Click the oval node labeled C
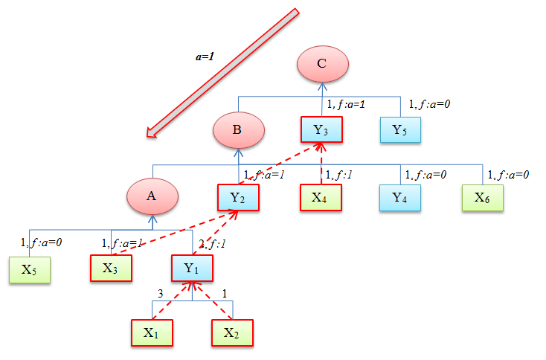tap(321, 64)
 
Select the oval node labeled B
tap(238, 131)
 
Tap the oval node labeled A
tap(152, 196)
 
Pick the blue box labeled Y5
tap(401, 131)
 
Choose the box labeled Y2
tap(238, 198)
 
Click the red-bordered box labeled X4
tap(321, 198)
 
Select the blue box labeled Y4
tap(401, 198)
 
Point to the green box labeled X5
tap(30, 269)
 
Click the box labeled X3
tap(111, 269)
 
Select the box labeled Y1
tap(193, 269)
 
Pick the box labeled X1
tap(152, 332)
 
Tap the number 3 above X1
tap(161, 294)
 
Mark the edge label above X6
tap(509, 175)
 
